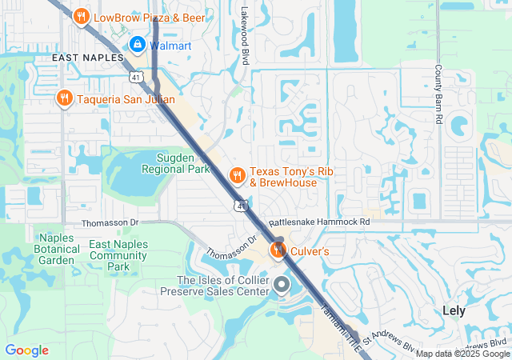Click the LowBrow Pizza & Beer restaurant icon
pyautogui.click(x=81, y=17)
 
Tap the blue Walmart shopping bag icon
pyautogui.click(x=137, y=45)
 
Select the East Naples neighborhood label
pyautogui.click(x=87, y=58)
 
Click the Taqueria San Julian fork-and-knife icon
pyautogui.click(x=64, y=98)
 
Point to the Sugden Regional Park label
pyautogui.click(x=175, y=163)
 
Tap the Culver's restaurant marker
pyautogui.click(x=278, y=250)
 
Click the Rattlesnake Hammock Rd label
pyautogui.click(x=319, y=222)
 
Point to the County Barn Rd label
pyautogui.click(x=438, y=94)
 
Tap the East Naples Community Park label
pyautogui.click(x=118, y=255)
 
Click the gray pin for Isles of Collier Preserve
pyautogui.click(x=282, y=285)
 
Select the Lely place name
pyautogui.click(x=459, y=310)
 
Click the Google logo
pyautogui.click(x=26, y=350)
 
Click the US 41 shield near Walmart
pyautogui.click(x=136, y=77)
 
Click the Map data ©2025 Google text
pyautogui.click(x=462, y=354)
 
